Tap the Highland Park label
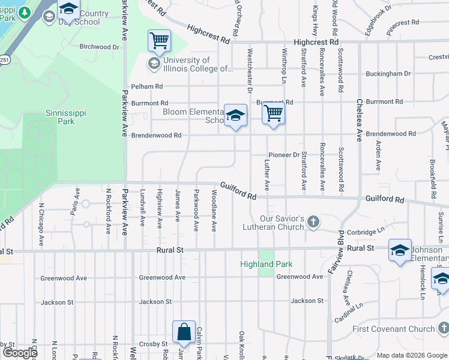[x=266, y=264]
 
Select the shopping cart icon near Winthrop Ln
[x=274, y=113]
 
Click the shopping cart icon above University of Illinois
[x=159, y=41]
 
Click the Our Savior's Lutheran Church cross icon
[x=313, y=223]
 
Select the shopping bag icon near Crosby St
[x=184, y=332]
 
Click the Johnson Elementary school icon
[x=400, y=250]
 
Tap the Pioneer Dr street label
[x=284, y=155]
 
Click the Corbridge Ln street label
[x=364, y=231]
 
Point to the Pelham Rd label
[x=147, y=86]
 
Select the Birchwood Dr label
[x=100, y=47]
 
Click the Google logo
[x=20, y=353]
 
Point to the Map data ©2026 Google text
[x=411, y=355]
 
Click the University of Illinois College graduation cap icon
[x=154, y=64]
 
